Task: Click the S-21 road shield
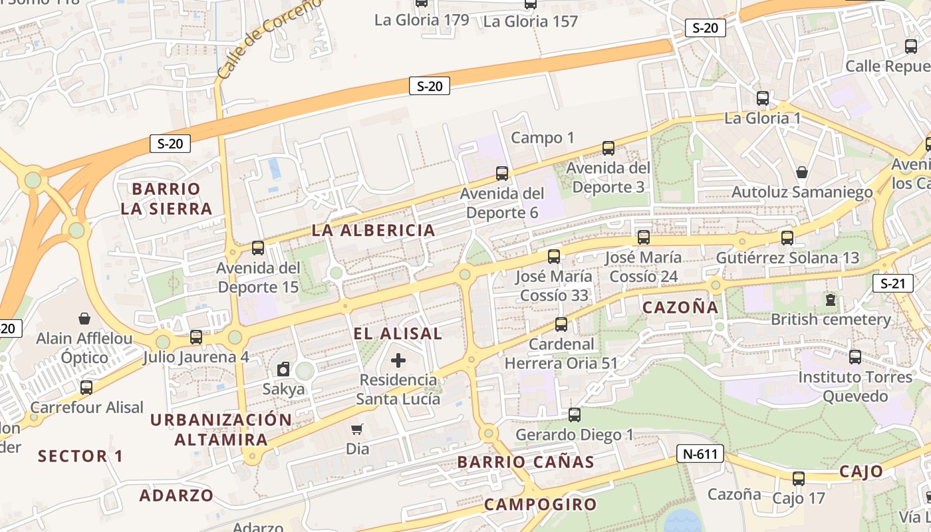(892, 283)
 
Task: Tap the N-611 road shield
(700, 454)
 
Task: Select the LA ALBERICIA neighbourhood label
(373, 231)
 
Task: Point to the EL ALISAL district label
(398, 334)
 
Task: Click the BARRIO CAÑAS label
(525, 462)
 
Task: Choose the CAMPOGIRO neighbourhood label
(540, 504)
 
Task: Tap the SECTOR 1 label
(80, 456)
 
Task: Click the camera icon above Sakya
(283, 369)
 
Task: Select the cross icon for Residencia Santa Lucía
(398, 360)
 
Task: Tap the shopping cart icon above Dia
(357, 430)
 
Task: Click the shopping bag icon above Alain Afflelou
(84, 319)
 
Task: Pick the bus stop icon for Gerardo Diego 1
(574, 415)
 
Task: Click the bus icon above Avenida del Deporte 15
(257, 248)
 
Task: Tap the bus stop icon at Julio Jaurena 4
(196, 337)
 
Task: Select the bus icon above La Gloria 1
(762, 98)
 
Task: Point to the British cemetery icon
(830, 300)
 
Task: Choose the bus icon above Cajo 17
(798, 478)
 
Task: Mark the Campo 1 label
(542, 138)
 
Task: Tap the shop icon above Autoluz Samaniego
(802, 172)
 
